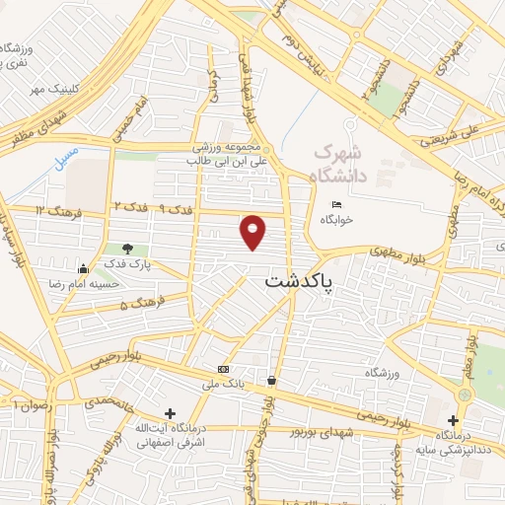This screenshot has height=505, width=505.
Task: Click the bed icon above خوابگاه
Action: [335, 204]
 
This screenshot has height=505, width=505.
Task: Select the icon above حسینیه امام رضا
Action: [83, 268]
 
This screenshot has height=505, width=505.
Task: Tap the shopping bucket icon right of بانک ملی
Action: [271, 380]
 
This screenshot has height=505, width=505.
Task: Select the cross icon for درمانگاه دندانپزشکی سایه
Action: [453, 421]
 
